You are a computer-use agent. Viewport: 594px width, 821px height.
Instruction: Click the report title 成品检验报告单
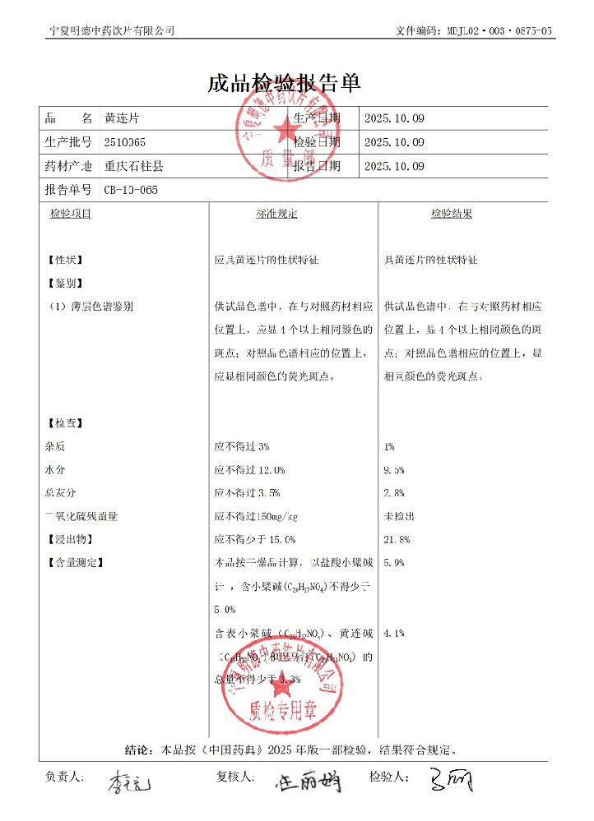(x=284, y=84)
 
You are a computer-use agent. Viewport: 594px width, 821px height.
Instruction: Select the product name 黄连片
(x=122, y=118)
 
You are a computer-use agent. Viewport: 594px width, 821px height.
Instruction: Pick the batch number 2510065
(x=125, y=142)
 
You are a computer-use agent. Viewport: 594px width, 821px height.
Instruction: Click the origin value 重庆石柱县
(x=133, y=166)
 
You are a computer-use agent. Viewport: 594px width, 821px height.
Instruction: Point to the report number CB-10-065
(x=131, y=190)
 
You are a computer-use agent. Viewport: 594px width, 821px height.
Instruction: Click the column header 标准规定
(x=276, y=214)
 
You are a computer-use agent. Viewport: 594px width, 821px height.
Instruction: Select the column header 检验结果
(x=452, y=214)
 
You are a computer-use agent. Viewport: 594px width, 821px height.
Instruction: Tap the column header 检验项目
(x=71, y=214)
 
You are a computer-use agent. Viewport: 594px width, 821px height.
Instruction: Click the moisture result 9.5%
(x=394, y=470)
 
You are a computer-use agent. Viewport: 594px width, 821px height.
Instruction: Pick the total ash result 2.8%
(x=394, y=493)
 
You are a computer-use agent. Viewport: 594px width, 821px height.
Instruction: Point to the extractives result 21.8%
(x=397, y=540)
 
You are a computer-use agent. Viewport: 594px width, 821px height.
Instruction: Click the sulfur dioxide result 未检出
(x=399, y=516)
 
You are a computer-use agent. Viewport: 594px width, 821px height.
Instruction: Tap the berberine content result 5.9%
(x=394, y=563)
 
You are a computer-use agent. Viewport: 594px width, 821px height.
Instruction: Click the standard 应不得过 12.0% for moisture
(x=249, y=470)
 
